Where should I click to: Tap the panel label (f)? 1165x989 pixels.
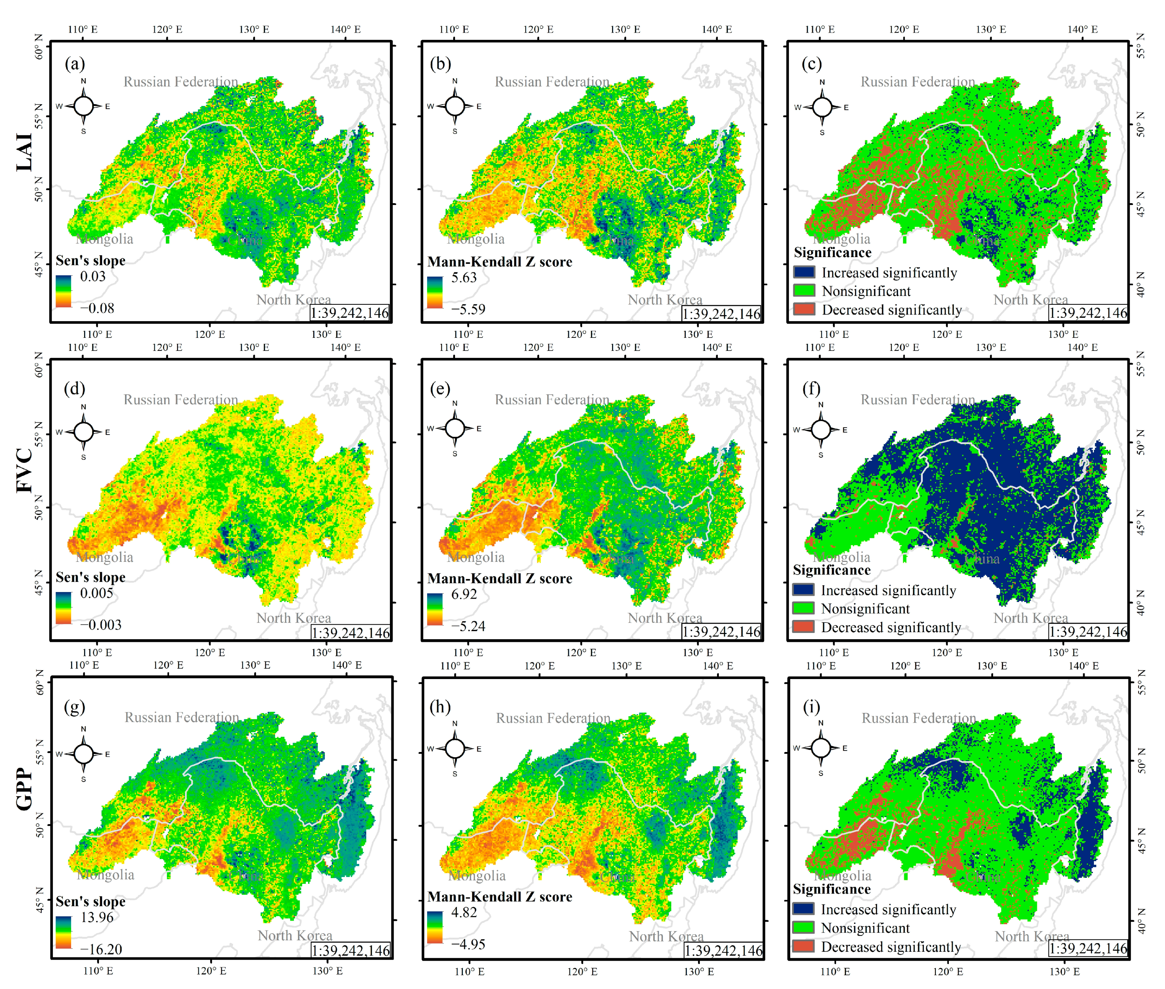coord(811,388)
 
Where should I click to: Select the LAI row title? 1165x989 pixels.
coord(24,152)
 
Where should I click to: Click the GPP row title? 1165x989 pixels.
coord(24,788)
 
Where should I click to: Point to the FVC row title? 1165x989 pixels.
coord(24,470)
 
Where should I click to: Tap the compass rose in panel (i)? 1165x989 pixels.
coord(821,748)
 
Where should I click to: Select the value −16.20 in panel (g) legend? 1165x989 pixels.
coord(101,949)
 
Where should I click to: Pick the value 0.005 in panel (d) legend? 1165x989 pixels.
coord(96,593)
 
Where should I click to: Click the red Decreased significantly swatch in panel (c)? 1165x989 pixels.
coord(804,309)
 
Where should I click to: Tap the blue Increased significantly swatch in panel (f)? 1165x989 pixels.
coord(803,589)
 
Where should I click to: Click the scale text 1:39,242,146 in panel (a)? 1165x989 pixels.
coord(350,313)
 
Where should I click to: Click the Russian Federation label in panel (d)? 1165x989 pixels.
coord(180,400)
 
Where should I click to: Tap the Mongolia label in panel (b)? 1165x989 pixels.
coord(476,239)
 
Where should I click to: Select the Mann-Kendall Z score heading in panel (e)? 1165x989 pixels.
coord(500,579)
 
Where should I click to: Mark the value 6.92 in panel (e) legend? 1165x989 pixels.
coord(464,594)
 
